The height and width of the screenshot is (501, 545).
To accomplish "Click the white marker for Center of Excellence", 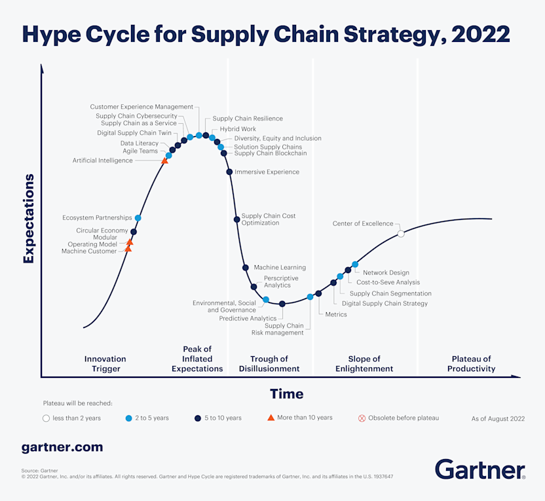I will click(x=401, y=233).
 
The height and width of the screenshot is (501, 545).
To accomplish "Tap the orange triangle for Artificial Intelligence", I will click(x=165, y=160).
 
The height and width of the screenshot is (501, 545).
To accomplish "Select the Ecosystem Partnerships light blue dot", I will click(x=138, y=217).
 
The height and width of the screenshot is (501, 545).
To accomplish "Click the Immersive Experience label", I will click(x=267, y=172).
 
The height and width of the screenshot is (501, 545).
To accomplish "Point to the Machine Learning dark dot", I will click(x=245, y=267).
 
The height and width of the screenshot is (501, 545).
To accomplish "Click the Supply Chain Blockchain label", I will click(x=271, y=153).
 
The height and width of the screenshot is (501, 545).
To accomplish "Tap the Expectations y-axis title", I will click(x=28, y=218).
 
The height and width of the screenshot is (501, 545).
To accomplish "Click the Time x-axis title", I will click(x=286, y=394).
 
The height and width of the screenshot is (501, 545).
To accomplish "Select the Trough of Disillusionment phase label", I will click(x=269, y=363).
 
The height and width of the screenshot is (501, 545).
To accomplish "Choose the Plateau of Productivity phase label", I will click(x=471, y=363).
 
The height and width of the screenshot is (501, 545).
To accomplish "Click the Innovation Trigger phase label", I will click(x=105, y=363).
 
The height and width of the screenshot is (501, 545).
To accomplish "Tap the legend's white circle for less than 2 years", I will click(x=46, y=418).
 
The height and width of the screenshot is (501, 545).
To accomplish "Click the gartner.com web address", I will click(x=62, y=447).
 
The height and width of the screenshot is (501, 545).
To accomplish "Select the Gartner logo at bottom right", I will click(x=479, y=470).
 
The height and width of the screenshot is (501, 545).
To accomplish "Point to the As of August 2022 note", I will click(x=498, y=418).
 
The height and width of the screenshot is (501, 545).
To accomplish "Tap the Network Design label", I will click(x=386, y=272).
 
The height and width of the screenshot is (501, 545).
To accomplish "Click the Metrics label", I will click(x=336, y=314).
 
